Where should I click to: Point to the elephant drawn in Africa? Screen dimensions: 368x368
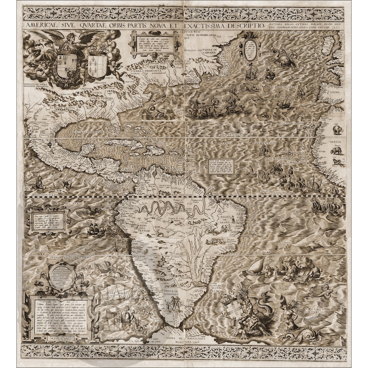(x=338, y=129)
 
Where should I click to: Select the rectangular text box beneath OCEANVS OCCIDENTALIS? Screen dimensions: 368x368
(x=221, y=166)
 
